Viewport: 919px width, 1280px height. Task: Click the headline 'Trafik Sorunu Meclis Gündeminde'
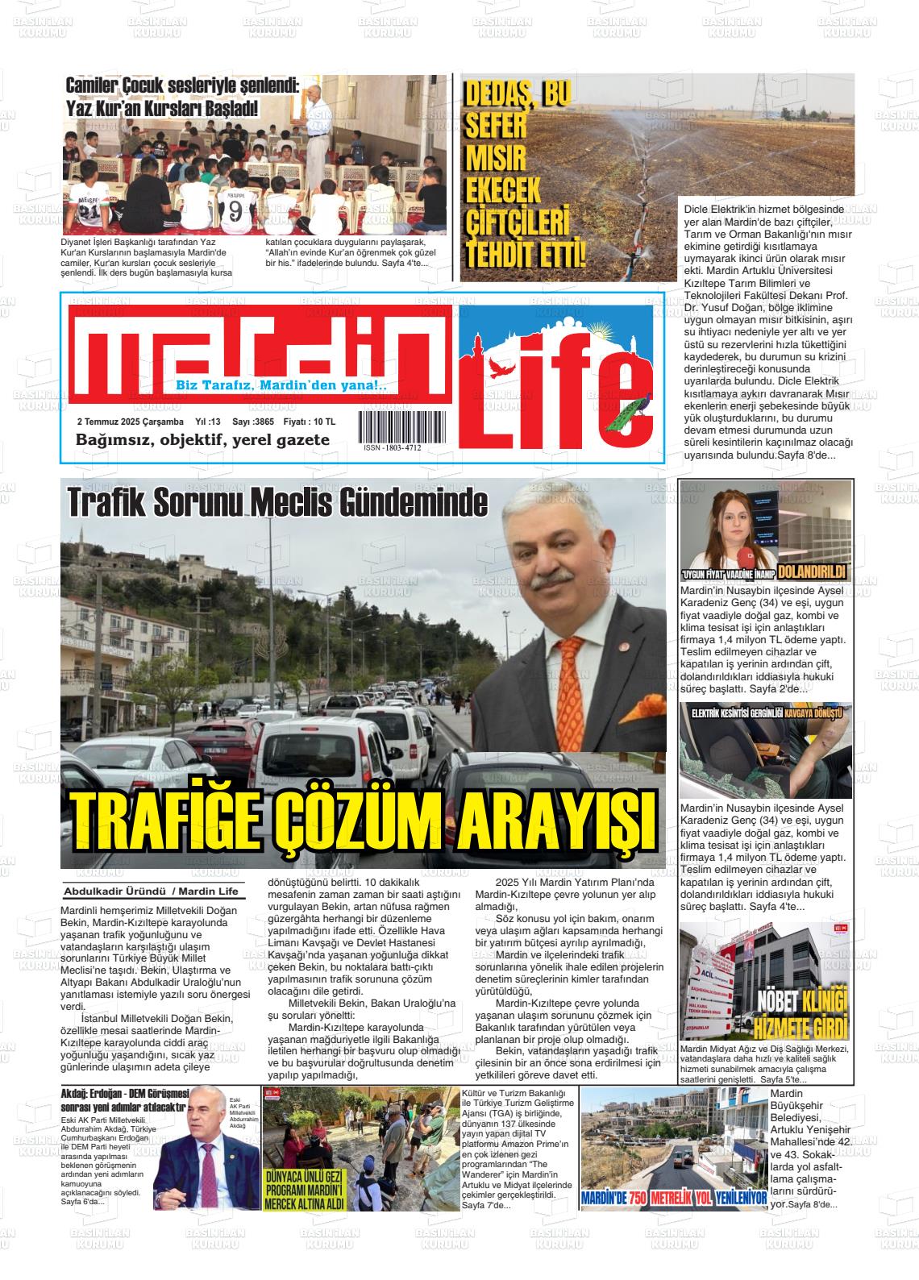click(x=278, y=503)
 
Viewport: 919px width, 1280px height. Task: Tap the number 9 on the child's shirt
click(x=235, y=212)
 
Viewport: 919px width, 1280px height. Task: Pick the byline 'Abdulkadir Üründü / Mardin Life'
click(x=151, y=891)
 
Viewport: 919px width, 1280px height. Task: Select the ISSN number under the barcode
click(x=393, y=448)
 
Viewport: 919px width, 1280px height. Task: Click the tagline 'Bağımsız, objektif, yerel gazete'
click(x=202, y=440)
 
